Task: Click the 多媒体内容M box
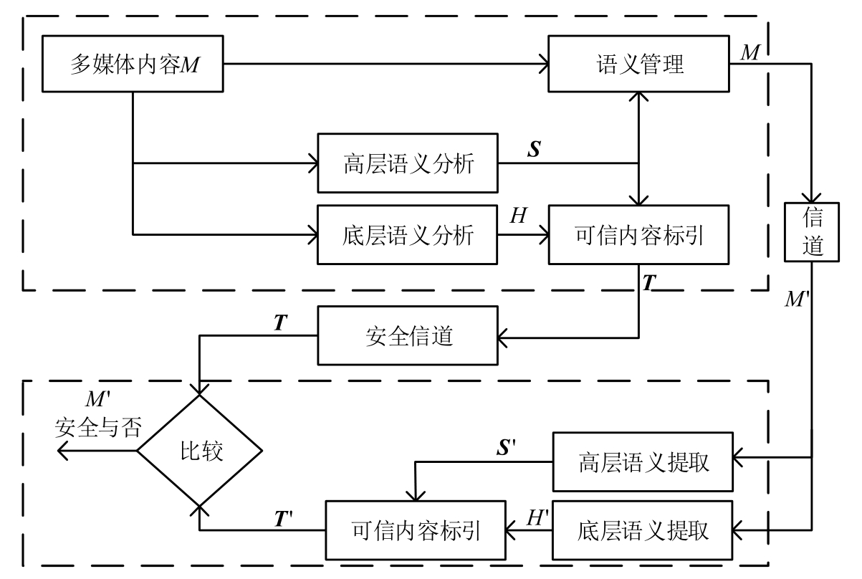(133, 66)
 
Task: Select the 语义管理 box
(638, 66)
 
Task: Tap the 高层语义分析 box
(406, 163)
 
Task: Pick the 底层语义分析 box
(406, 234)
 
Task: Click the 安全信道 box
(406, 335)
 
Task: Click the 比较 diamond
(200, 451)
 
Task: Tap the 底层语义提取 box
(642, 531)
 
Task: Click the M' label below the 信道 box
(797, 297)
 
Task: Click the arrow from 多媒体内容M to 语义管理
(387, 66)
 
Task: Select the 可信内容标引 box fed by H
(638, 234)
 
